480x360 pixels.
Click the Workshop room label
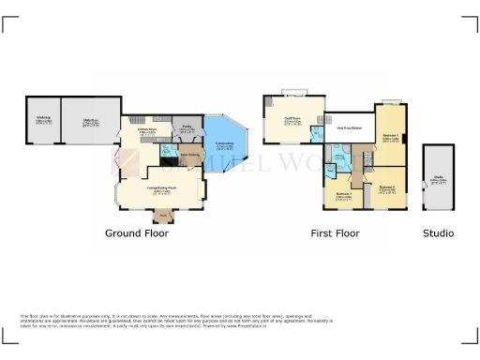pyautogui.click(x=43, y=119)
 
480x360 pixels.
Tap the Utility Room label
pyautogui.click(x=91, y=121)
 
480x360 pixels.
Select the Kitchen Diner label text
pyautogui.click(x=146, y=131)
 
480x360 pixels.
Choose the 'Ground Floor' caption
pyautogui.click(x=136, y=233)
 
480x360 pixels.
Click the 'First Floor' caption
pyautogui.click(x=335, y=233)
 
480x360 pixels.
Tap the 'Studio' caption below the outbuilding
pyautogui.click(x=437, y=233)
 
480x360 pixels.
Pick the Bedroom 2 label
pyautogui.click(x=388, y=188)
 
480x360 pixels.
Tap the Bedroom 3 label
pyautogui.click(x=343, y=197)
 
